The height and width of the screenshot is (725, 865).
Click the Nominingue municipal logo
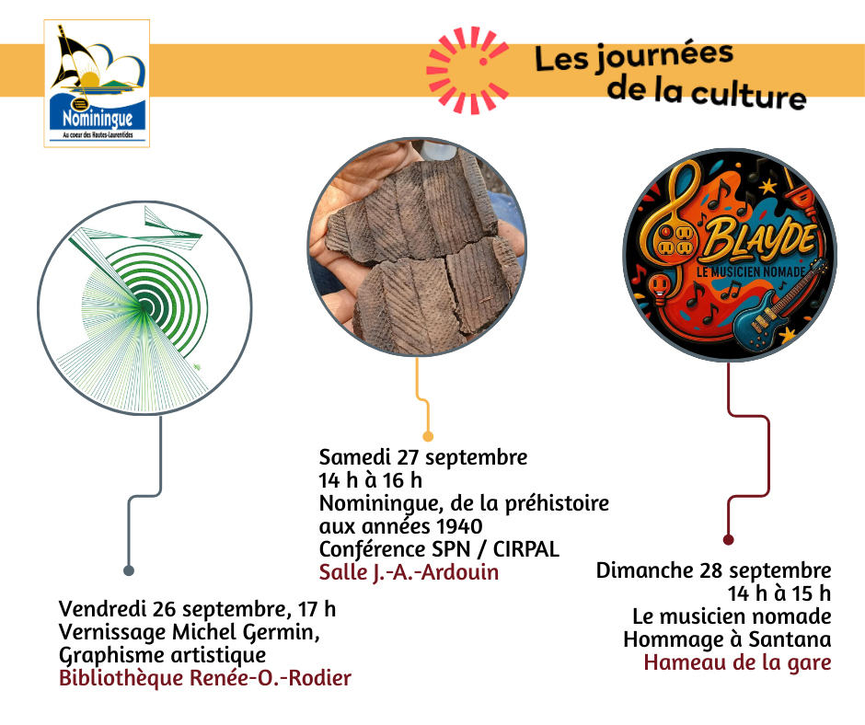tap(97, 84)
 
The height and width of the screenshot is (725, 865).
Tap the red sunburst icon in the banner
tap(467, 70)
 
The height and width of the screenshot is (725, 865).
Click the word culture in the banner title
tap(748, 95)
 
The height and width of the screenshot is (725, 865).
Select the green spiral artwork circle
tap(144, 307)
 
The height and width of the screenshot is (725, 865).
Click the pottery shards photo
tap(417, 247)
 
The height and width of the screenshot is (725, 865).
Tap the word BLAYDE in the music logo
tap(760, 241)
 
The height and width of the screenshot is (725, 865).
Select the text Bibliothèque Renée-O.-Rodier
tap(204, 678)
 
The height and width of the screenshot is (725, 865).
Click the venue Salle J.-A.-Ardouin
tap(409, 572)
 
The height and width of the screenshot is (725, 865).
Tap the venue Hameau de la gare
tap(738, 662)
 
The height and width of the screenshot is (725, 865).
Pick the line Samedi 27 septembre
tap(423, 457)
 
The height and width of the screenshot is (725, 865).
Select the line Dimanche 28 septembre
tap(714, 570)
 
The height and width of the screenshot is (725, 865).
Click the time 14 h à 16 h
tap(370, 480)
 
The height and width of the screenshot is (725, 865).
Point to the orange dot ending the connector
tap(428, 437)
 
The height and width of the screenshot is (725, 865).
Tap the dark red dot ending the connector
tap(728, 540)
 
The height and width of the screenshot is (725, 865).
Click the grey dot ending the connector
tap(129, 570)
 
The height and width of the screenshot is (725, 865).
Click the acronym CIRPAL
tap(525, 549)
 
